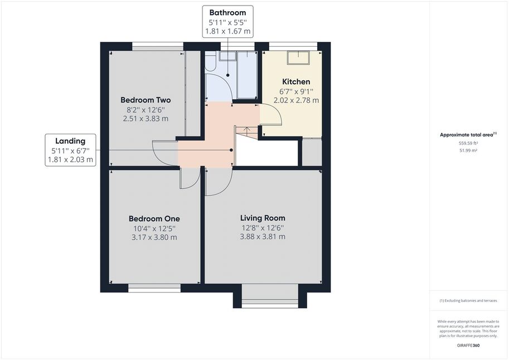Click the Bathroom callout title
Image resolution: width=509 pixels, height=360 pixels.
click(x=227, y=13)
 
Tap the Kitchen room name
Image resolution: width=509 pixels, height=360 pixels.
click(x=296, y=82)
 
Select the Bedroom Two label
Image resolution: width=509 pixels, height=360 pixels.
click(x=146, y=100)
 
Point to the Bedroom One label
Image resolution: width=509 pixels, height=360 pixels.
click(x=154, y=219)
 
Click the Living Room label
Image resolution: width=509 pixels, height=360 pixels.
click(x=263, y=218)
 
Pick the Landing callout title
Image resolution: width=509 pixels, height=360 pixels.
click(x=70, y=141)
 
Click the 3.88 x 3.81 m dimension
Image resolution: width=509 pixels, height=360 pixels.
click(x=263, y=237)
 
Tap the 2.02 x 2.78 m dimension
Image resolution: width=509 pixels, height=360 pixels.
click(x=296, y=100)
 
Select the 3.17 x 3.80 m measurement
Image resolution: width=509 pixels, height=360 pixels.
click(x=154, y=237)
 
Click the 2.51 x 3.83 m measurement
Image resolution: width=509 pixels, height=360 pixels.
click(x=146, y=119)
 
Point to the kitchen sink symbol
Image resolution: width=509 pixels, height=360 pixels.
click(x=298, y=57)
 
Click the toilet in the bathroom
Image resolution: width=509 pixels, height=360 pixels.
click(x=210, y=61)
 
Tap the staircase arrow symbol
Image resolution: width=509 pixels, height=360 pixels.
click(x=247, y=131)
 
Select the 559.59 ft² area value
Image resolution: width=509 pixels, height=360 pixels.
click(x=468, y=143)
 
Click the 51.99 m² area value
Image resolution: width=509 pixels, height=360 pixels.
click(x=468, y=150)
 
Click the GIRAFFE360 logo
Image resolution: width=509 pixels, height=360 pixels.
click(x=468, y=346)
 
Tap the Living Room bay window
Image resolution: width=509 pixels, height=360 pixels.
click(x=270, y=296)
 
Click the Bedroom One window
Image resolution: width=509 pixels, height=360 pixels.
click(x=154, y=288)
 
